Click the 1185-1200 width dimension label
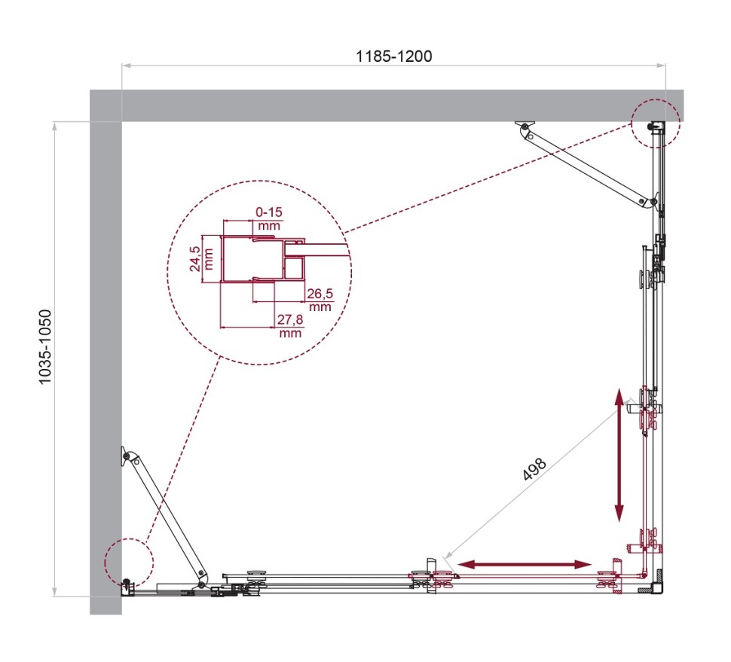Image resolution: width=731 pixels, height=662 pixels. [x=394, y=56]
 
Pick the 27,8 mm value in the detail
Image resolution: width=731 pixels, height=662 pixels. [x=290, y=327]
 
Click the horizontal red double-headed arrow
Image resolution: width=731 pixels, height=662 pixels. [x=525, y=564]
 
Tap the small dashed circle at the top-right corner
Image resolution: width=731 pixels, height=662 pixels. [x=656, y=123]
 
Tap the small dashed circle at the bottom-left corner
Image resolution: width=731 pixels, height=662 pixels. [x=129, y=563]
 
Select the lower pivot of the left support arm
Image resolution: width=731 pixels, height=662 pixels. [x=201, y=584]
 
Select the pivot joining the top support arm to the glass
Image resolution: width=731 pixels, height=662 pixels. [x=643, y=201]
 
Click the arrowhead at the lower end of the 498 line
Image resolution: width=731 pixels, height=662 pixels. [x=447, y=559]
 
